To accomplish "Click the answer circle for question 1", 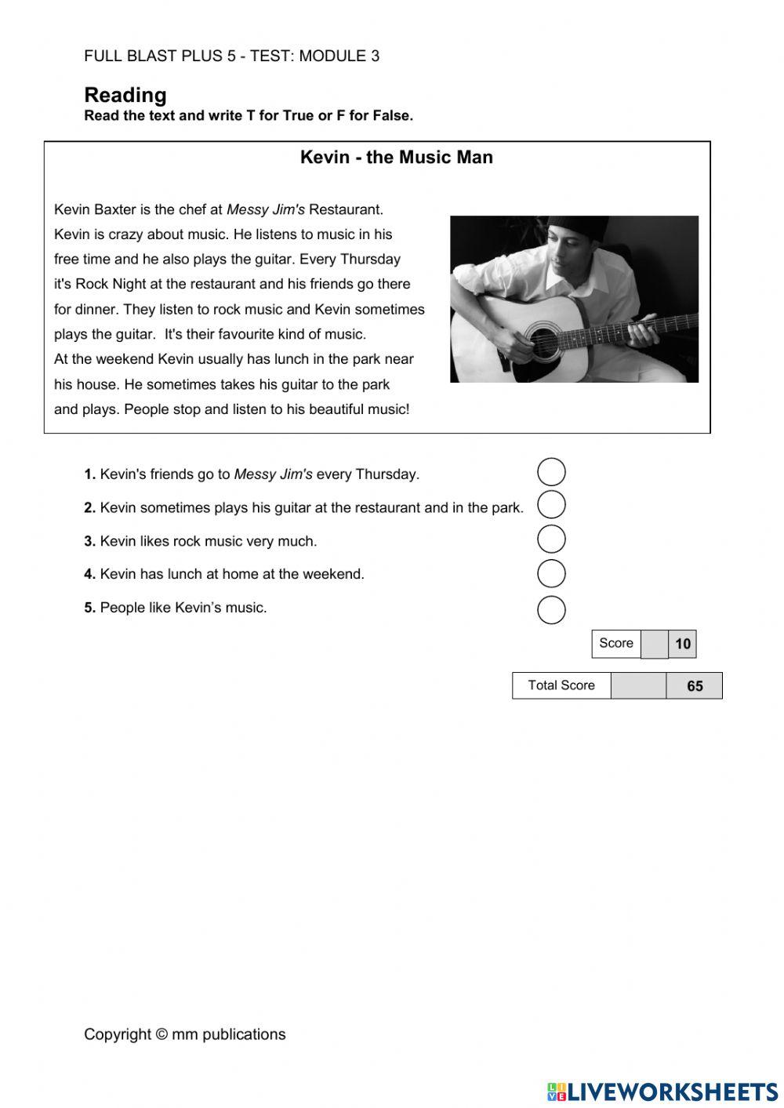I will click(x=551, y=471).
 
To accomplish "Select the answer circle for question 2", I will click(x=551, y=505).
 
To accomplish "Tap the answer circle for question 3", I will click(x=551, y=539).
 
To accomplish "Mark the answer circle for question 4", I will click(x=551, y=573).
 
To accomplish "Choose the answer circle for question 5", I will click(x=551, y=609).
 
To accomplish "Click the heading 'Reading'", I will click(x=125, y=95).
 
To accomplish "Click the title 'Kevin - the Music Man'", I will click(x=396, y=157).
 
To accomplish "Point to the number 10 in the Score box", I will click(x=683, y=644).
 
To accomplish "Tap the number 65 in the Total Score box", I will click(x=695, y=686).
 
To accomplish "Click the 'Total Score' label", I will click(x=561, y=685).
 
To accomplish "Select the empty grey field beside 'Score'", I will click(x=655, y=644).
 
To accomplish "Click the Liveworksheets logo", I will click(x=662, y=1091).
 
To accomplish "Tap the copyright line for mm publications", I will click(x=185, y=1034).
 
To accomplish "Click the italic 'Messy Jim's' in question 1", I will click(x=273, y=474).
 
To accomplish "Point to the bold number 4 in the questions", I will click(x=89, y=574).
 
